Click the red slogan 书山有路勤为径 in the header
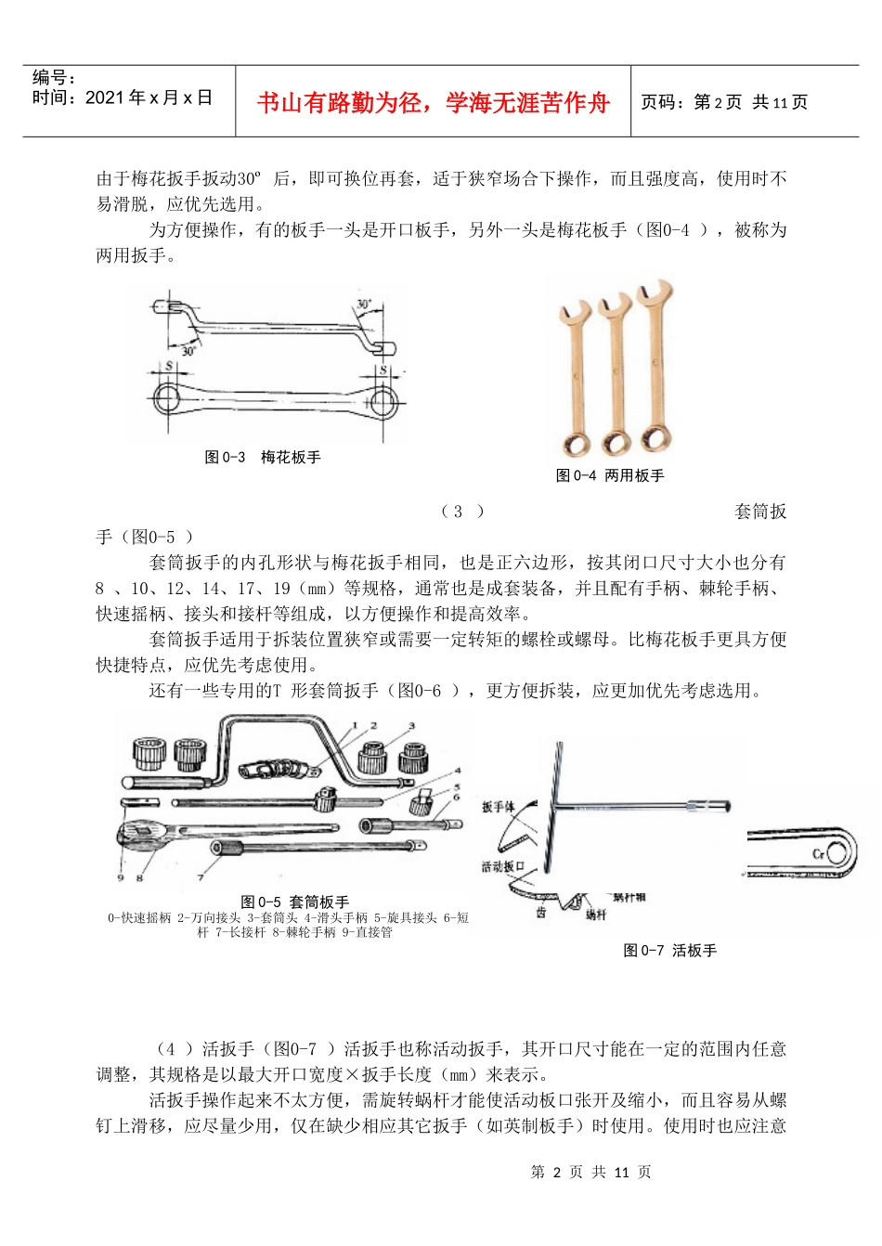coord(433,102)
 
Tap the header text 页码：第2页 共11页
coord(724,102)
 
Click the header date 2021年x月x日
coord(149,97)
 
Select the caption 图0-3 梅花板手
coord(263,457)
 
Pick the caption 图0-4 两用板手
coord(610,475)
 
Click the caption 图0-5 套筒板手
coord(294,902)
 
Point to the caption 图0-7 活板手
coord(669,950)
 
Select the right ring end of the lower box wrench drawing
coord(379,403)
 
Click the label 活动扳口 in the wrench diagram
coord(503,866)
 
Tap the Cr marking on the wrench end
coord(819,854)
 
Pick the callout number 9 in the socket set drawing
coord(121,877)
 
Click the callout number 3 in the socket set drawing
coord(411,726)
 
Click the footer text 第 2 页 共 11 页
coord(590,1172)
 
